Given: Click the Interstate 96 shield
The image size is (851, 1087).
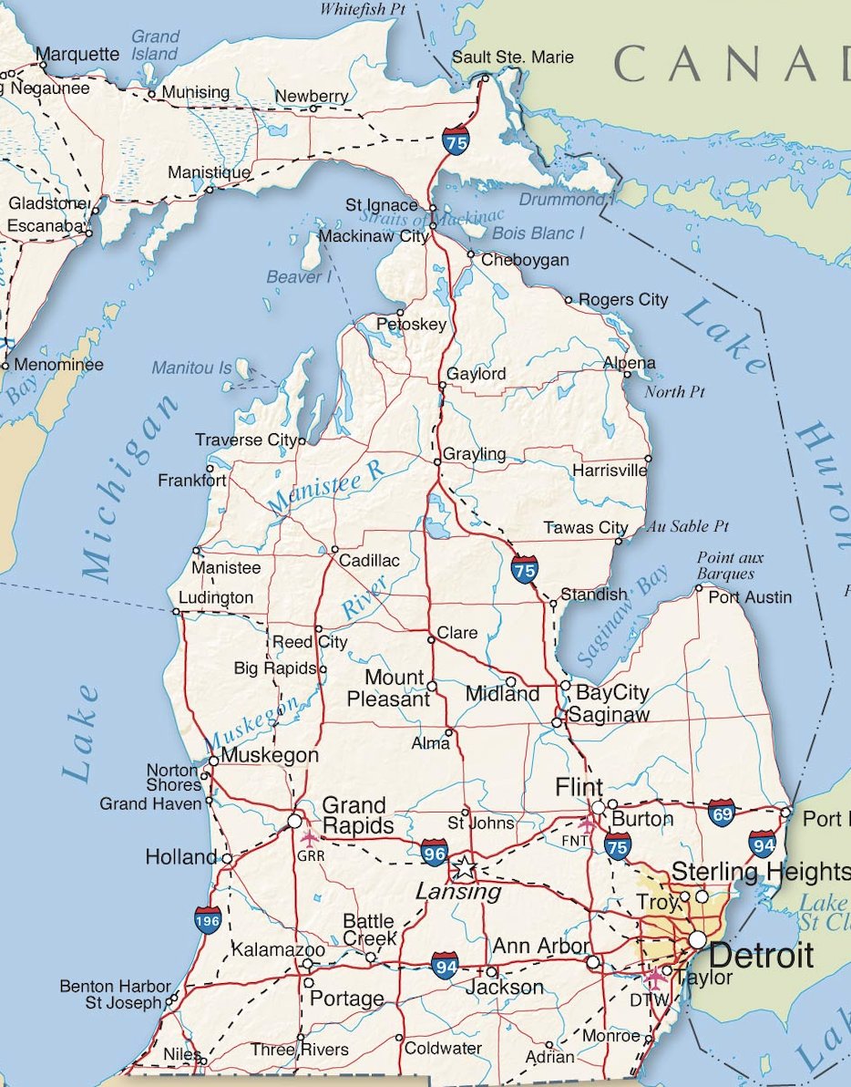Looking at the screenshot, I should [x=434, y=853].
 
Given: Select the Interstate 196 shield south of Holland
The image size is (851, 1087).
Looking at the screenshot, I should [x=208, y=920].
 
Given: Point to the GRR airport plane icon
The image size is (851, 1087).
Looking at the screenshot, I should [x=309, y=836].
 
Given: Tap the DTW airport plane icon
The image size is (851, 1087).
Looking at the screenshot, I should [x=654, y=978].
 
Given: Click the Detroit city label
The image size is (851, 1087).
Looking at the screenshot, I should [x=761, y=956].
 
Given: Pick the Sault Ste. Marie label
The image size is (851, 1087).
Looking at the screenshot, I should [x=513, y=57].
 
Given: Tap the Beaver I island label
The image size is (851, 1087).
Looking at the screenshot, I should [x=299, y=276].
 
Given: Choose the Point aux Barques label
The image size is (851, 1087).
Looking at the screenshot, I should [x=729, y=564].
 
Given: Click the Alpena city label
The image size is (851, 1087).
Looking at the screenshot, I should [x=629, y=363].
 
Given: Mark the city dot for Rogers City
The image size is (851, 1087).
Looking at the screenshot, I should [x=569, y=299].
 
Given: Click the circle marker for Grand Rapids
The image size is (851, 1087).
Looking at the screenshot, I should [x=294, y=821].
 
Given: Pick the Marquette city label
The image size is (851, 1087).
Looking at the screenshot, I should [x=78, y=55].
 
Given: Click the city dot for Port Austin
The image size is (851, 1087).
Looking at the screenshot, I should [x=699, y=588].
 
